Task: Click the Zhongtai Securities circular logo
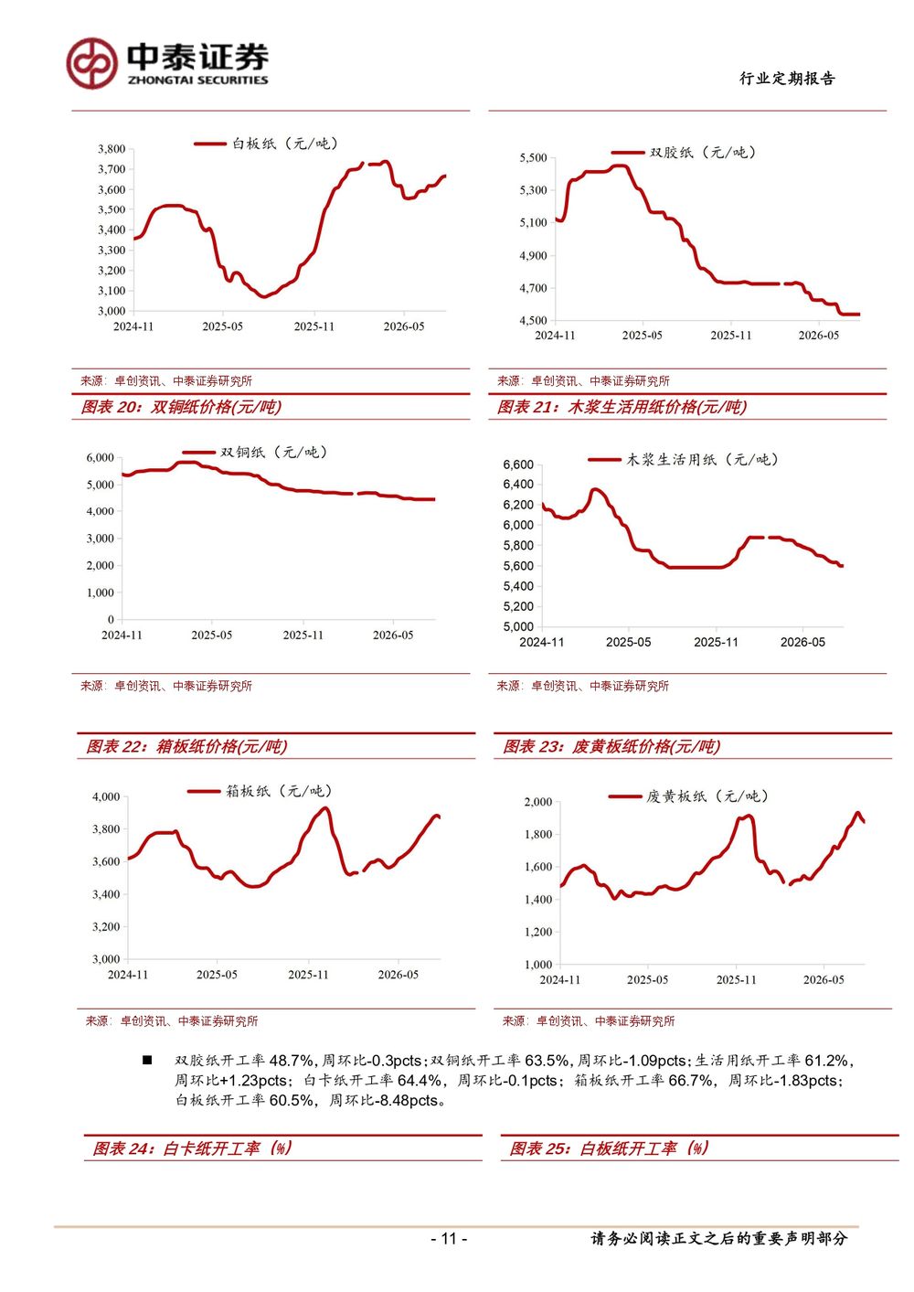[x=91, y=63]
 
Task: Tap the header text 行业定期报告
[x=787, y=79]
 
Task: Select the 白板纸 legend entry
[x=266, y=144]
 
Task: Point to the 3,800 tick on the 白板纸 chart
[x=112, y=149]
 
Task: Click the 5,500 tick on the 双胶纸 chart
[x=533, y=157]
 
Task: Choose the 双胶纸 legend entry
[x=684, y=153]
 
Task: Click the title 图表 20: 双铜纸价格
[x=181, y=407]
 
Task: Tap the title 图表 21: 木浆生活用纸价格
[x=622, y=407]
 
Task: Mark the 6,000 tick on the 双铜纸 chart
[x=101, y=457]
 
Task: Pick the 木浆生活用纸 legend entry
[x=684, y=459]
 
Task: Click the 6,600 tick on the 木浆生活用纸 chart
[x=518, y=464]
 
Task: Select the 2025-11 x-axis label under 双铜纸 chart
[x=303, y=635]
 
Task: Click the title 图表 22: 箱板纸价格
[x=186, y=746]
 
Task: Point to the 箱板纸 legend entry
[x=260, y=791]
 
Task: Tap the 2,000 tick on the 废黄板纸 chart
[x=538, y=801]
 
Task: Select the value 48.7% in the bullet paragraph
[x=292, y=1060]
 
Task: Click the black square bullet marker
[x=147, y=1060]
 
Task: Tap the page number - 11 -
[x=449, y=1238]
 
